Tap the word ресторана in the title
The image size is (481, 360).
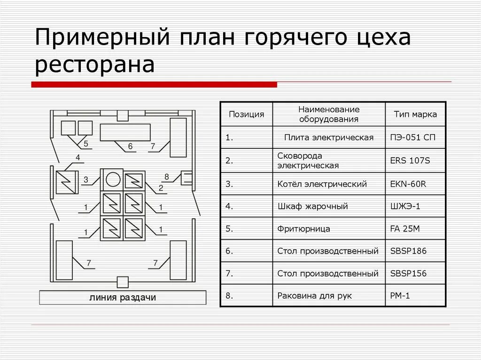click(95, 65)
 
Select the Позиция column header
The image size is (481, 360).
click(246, 114)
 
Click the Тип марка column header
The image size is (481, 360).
click(415, 114)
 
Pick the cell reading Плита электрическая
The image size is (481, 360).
click(329, 138)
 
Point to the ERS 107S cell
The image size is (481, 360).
click(410, 161)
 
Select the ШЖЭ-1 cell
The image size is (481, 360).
click(405, 207)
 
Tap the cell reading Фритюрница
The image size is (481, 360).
click(304, 229)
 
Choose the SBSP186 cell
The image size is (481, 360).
click(408, 251)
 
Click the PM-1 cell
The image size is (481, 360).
click(401, 296)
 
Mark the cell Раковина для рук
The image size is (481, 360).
click(315, 296)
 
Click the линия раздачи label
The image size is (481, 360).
click(123, 298)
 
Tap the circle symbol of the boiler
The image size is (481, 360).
click(113, 179)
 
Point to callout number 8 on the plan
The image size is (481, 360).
click(166, 176)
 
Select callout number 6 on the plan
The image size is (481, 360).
click(131, 147)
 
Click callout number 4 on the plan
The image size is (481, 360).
click(78, 157)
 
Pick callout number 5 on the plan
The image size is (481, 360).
click(86, 143)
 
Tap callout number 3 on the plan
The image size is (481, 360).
click(86, 179)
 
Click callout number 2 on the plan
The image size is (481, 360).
click(161, 188)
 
